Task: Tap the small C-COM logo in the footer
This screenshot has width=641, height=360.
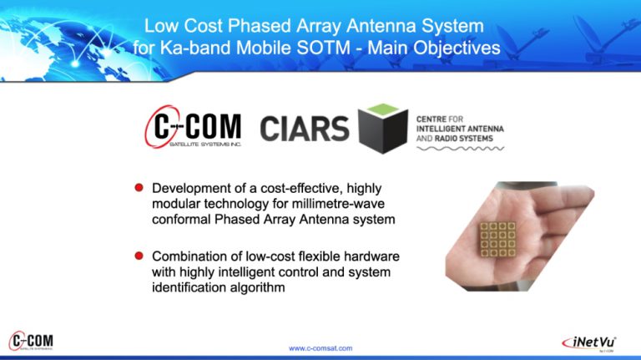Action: [x=31, y=341]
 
